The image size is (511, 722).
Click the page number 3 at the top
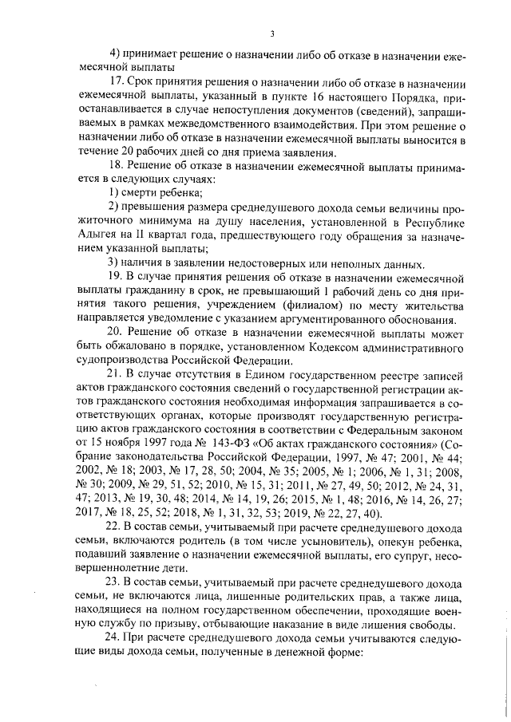pos(272,34)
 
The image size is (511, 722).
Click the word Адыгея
pos(95,235)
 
